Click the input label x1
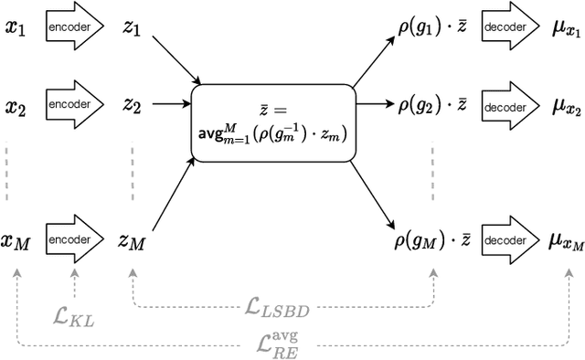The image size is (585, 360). (17, 30)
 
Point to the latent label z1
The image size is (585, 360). (131, 30)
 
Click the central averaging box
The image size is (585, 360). (272, 123)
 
